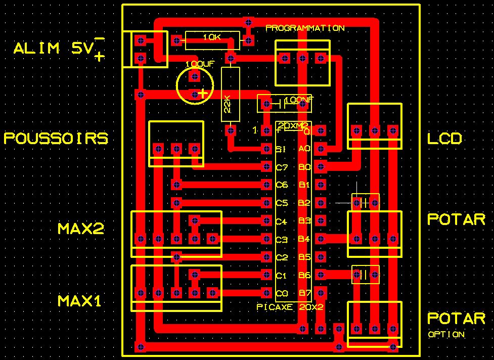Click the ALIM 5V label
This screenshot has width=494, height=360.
coord(53,49)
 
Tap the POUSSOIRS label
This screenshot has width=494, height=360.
coord(56,139)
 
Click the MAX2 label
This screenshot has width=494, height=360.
coord(81,229)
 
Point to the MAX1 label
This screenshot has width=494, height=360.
coord(80,301)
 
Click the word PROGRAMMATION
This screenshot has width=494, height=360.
coord(305,28)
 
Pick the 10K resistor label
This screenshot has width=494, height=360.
coord(212,37)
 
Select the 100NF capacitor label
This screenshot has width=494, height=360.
coord(299,101)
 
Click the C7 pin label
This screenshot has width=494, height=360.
coord(282,167)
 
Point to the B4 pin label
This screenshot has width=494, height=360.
coord(304,239)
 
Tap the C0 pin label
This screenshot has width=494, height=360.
coord(282,293)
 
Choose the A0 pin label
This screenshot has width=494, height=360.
coord(304,149)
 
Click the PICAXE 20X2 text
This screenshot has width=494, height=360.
coord(290,307)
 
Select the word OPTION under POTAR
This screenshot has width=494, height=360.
coord(446,334)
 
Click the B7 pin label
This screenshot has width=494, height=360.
coord(304,293)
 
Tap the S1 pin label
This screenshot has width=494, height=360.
coord(282,149)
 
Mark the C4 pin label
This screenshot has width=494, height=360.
coord(282,221)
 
